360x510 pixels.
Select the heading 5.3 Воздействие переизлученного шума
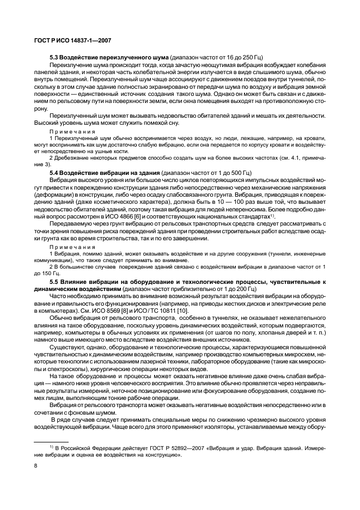(109, 57)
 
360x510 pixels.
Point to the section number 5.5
(53, 281)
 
